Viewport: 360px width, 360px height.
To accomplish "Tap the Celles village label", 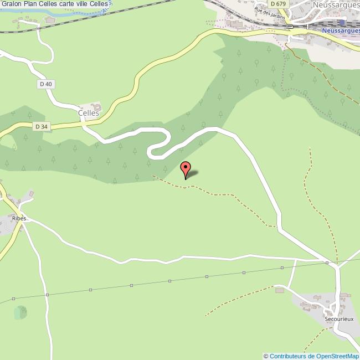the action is pos(89,112).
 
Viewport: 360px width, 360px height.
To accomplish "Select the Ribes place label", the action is pos(18,219).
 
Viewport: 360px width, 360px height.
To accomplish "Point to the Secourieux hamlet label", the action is pos(338,319).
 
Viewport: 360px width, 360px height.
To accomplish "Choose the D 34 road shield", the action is pos(40,126).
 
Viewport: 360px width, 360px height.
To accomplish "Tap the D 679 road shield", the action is pos(281,4).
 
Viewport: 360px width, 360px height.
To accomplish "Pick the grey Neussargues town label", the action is pos(335,5).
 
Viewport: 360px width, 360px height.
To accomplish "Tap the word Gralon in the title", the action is pos(11,4).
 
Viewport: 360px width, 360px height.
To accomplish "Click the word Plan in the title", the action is pos(30,4).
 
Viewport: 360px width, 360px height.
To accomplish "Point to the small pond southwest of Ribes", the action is pos(20,312).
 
